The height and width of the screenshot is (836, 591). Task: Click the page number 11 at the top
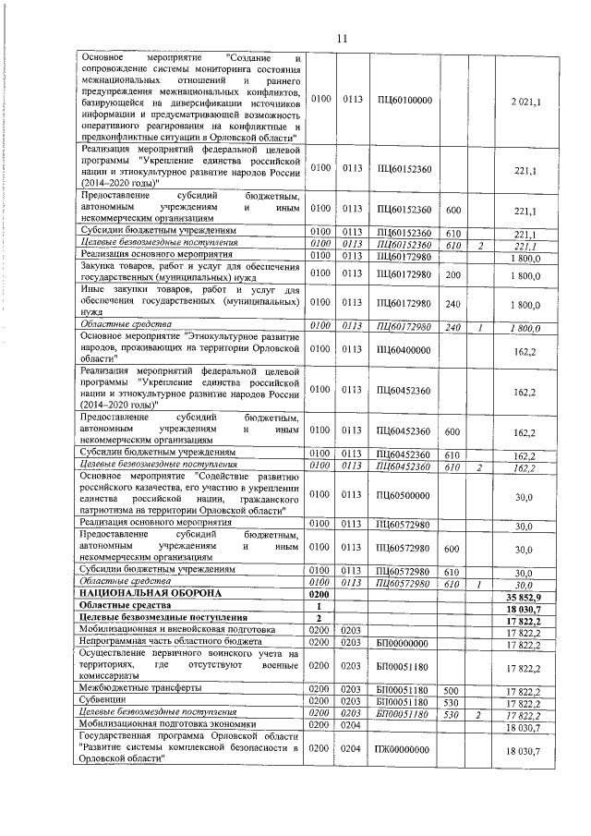341,38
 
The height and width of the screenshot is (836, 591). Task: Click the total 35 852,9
524,597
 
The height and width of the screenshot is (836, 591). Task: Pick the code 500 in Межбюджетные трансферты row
452,689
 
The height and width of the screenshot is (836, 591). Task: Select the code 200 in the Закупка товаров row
452,274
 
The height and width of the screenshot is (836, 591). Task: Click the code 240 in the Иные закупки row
452,305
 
